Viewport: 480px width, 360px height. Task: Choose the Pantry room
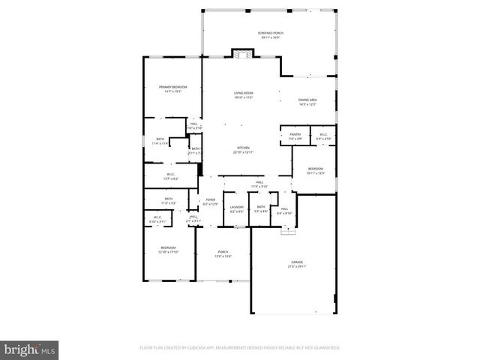295,136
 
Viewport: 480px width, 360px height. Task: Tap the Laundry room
237,209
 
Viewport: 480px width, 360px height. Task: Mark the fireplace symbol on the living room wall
241,55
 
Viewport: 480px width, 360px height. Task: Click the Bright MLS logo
29,349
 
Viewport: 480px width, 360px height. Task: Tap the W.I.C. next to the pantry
322,136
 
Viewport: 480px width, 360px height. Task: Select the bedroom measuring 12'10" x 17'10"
167,250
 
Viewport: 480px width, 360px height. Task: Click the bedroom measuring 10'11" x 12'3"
316,171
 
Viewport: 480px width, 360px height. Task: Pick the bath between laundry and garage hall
261,209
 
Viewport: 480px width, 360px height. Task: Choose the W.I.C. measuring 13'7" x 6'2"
172,176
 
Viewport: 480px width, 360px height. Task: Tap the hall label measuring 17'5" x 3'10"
259,184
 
